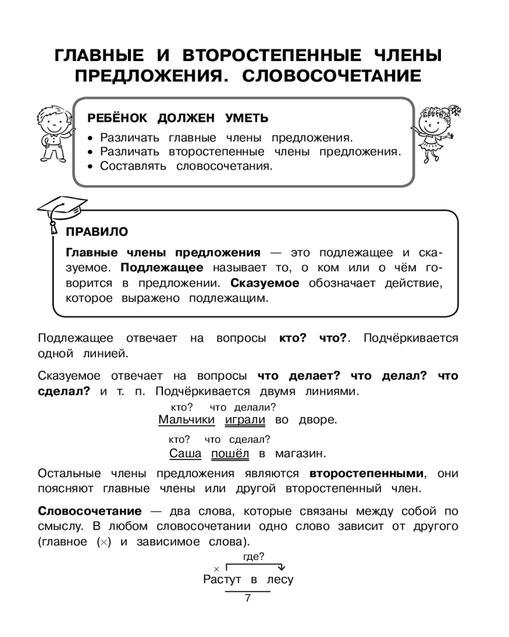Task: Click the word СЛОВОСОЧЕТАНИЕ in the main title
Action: click(333, 76)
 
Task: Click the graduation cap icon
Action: click(62, 210)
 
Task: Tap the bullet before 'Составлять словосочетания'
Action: click(91, 166)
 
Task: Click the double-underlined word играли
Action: click(245, 420)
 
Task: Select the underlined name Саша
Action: click(186, 454)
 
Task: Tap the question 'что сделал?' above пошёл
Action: click(237, 440)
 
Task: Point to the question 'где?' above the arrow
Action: click(254, 557)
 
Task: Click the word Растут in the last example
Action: click(223, 580)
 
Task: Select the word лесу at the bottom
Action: click(280, 580)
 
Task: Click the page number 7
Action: click(248, 598)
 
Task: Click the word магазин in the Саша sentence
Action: click(300, 454)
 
